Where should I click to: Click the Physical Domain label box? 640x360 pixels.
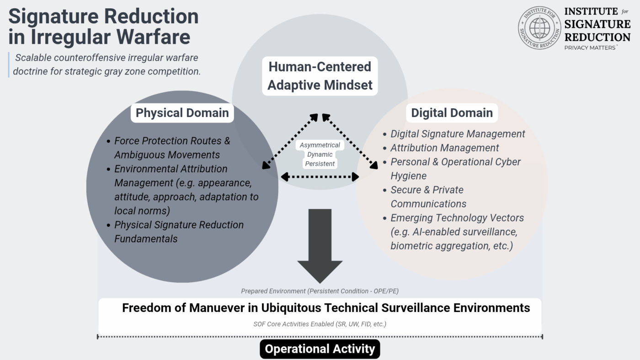(x=182, y=113)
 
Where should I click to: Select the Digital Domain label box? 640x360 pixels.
(x=452, y=113)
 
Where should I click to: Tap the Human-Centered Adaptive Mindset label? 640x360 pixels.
(x=320, y=76)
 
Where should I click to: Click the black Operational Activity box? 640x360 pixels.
(x=320, y=349)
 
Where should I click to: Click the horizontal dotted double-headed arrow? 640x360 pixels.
(x=320, y=177)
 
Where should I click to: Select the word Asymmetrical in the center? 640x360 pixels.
(x=320, y=145)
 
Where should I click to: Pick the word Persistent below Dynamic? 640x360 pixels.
(x=320, y=164)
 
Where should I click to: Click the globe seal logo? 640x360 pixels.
(x=539, y=28)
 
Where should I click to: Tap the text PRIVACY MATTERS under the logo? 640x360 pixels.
(x=590, y=48)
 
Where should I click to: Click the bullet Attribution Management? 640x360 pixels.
(x=444, y=148)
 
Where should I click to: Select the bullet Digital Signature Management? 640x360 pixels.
(x=458, y=134)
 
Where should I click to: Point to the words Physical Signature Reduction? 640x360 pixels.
(x=179, y=225)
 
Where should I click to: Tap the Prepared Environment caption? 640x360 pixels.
(x=320, y=291)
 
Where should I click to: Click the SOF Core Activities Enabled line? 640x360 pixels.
(x=320, y=324)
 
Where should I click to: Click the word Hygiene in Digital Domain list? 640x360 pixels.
(x=408, y=176)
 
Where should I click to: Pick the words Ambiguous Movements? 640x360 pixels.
(x=167, y=155)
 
